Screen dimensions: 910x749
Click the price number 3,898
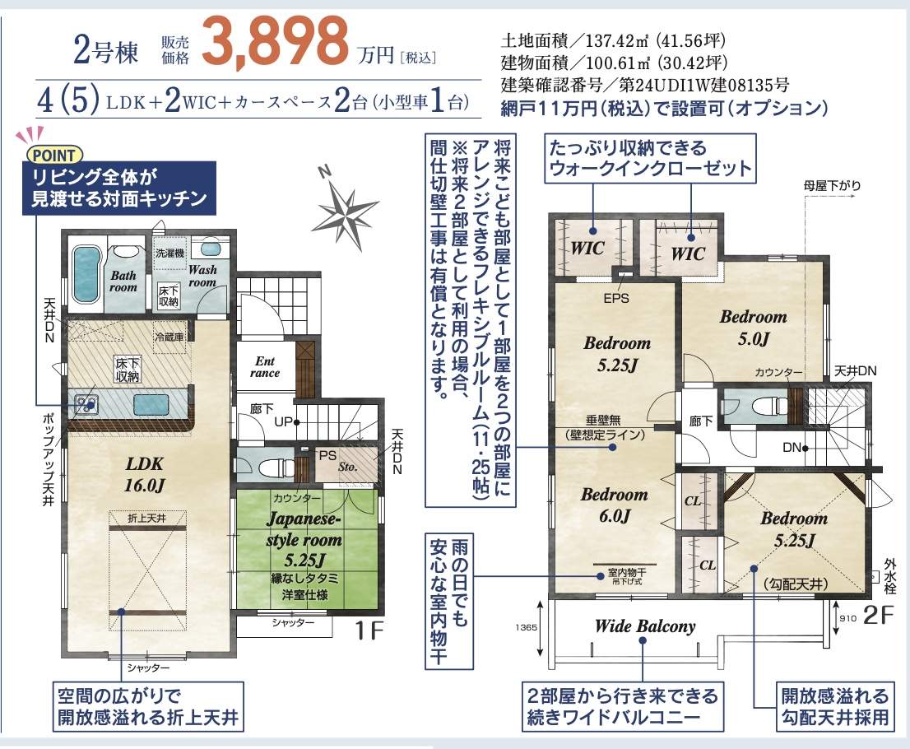(x=275, y=40)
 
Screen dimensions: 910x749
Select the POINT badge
(x=55, y=155)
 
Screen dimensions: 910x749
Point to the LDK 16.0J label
(x=145, y=474)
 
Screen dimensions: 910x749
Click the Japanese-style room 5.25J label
(x=304, y=539)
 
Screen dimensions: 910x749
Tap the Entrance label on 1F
(x=265, y=367)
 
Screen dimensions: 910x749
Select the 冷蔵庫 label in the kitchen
(x=169, y=336)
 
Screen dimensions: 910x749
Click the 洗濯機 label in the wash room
(x=169, y=254)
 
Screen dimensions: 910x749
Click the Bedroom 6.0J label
(x=614, y=505)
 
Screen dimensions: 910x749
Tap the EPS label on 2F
(x=615, y=298)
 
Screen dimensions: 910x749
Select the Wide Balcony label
(x=645, y=626)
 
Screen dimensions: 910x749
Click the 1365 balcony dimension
(x=526, y=627)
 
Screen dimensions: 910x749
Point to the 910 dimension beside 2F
(x=848, y=618)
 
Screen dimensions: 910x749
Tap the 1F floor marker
(x=369, y=630)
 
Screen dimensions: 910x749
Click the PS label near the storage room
(x=327, y=456)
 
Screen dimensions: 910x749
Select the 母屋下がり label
(x=832, y=186)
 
